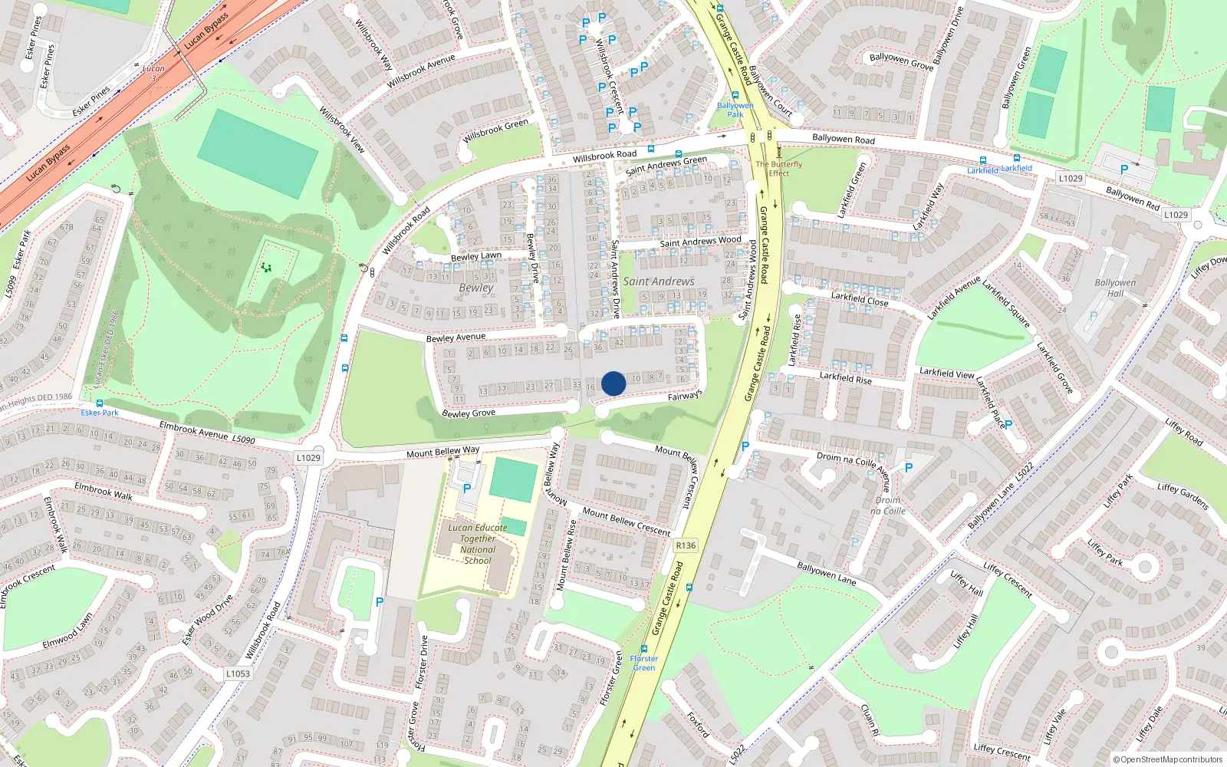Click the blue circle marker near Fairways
[613, 383]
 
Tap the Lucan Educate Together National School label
[478, 544]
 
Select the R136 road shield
[686, 545]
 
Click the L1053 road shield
[238, 673]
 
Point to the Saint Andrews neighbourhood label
[659, 281]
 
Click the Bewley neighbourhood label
[476, 288]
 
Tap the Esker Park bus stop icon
[99, 403]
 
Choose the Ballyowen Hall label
[1115, 288]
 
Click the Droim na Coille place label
[888, 505]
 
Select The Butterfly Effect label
[779, 168]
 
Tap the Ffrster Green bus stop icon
[644, 649]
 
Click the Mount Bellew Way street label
[442, 452]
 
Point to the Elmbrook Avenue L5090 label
[206, 433]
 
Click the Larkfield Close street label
[860, 298]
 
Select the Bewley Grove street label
[469, 413]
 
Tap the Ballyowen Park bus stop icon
[735, 96]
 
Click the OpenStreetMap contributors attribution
[1167, 759]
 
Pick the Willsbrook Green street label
[495, 130]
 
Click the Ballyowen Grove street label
[901, 61]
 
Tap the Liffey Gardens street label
[1183, 496]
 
